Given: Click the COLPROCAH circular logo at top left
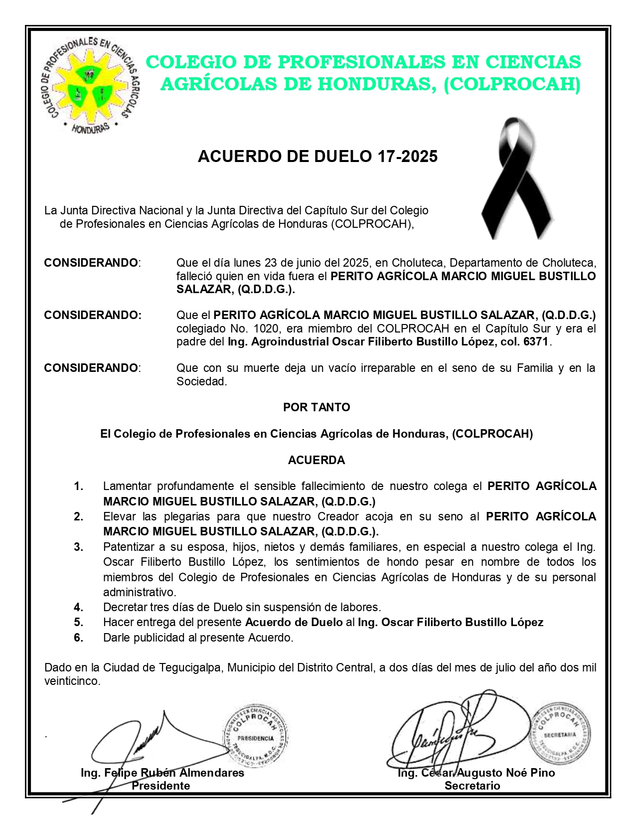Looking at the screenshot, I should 90,85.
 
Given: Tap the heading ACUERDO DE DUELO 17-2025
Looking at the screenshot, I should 318,157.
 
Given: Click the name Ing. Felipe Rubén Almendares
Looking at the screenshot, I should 162,773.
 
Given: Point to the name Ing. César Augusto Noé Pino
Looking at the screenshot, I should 476,773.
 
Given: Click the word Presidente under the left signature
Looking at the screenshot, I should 160,786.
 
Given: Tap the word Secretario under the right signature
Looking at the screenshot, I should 472,786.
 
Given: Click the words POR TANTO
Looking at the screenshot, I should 317,407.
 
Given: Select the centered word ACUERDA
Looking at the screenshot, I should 317,460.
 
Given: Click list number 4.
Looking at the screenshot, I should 79,607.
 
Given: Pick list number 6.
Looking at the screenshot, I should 79,638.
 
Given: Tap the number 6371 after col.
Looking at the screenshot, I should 536,342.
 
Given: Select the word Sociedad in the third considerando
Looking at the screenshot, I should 201,382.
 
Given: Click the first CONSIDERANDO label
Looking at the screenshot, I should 91,263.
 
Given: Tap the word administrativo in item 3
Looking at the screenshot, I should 139,592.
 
